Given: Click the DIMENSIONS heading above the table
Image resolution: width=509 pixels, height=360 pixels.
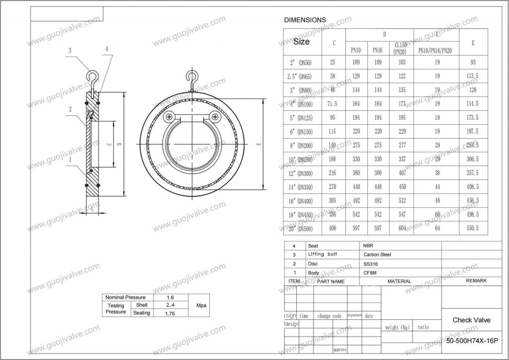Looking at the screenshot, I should [x=305, y=20].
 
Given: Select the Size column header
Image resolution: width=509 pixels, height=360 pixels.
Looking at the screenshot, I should [x=302, y=42].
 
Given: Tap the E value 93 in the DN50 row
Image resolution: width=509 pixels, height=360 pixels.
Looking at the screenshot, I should [x=473, y=62].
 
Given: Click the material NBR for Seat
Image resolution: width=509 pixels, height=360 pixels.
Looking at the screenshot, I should [x=368, y=246].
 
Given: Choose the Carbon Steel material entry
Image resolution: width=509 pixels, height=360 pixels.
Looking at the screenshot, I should [x=377, y=255].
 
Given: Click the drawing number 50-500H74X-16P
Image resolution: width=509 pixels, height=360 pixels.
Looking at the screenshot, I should [x=472, y=342].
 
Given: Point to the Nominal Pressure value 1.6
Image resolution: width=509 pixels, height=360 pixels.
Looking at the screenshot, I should [x=170, y=297].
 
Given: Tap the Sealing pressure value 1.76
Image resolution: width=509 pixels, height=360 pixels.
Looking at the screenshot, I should [x=170, y=313].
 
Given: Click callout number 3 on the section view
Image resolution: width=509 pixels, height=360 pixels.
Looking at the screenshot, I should [x=70, y=50].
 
